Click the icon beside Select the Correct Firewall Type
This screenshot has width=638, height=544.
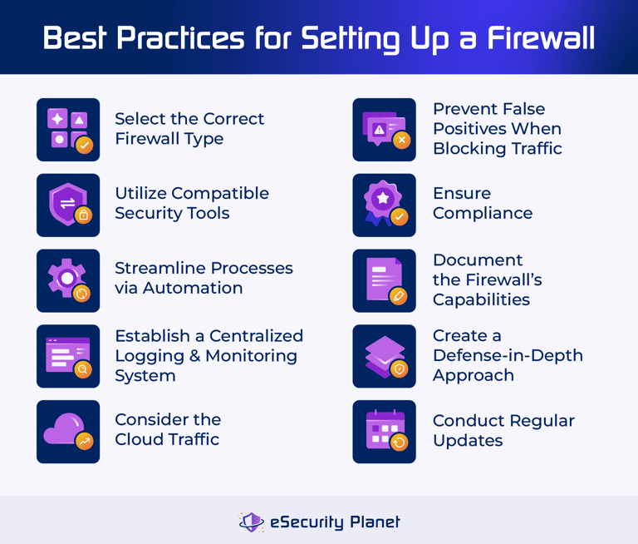pyautogui.click(x=68, y=130)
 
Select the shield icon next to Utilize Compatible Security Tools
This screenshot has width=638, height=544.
pyautogui.click(x=68, y=205)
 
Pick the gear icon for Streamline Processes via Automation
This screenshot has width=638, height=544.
pyautogui.click(x=68, y=280)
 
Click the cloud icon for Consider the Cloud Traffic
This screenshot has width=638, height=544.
pyautogui.click(x=68, y=432)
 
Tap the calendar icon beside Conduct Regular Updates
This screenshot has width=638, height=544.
pyautogui.click(x=384, y=432)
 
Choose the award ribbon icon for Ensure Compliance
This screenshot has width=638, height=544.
pyautogui.click(x=384, y=205)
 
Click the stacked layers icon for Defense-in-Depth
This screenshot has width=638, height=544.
pyautogui.click(x=384, y=356)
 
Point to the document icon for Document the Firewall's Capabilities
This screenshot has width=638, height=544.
pyautogui.click(x=384, y=280)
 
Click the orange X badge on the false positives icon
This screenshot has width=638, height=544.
pyautogui.click(x=402, y=141)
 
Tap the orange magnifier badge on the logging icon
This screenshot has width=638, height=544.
pyautogui.click(x=83, y=369)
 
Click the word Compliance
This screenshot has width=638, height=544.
pyautogui.click(x=483, y=214)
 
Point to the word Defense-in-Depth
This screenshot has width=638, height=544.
pyautogui.click(x=508, y=356)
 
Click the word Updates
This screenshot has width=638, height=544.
pyautogui.click(x=468, y=441)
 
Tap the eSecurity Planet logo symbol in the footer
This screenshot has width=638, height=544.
pyautogui.click(x=251, y=522)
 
